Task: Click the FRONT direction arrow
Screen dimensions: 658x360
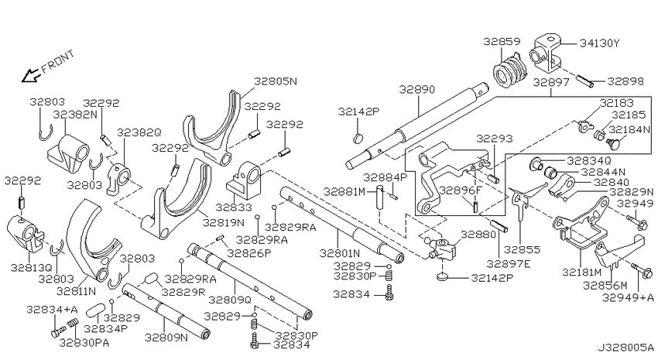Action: (31, 76)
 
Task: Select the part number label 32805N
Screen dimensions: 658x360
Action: (276, 81)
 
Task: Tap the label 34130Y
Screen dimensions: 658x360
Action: (600, 43)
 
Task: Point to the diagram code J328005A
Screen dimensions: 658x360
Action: (625, 348)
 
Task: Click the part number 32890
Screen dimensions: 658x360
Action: (416, 89)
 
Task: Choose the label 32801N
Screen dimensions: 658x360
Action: (340, 253)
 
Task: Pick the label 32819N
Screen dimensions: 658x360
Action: (223, 222)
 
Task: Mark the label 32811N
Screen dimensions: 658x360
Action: (77, 290)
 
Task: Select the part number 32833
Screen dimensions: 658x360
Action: (234, 207)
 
